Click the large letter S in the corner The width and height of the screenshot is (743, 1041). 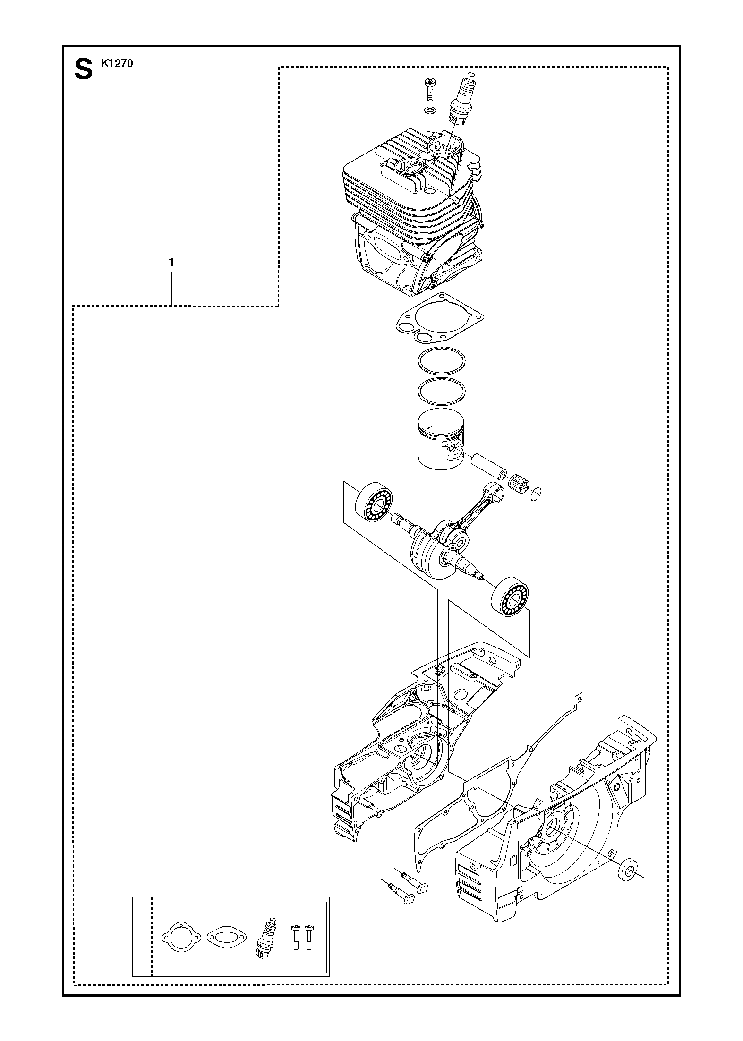click(x=83, y=69)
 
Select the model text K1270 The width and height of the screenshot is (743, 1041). click(x=117, y=63)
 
